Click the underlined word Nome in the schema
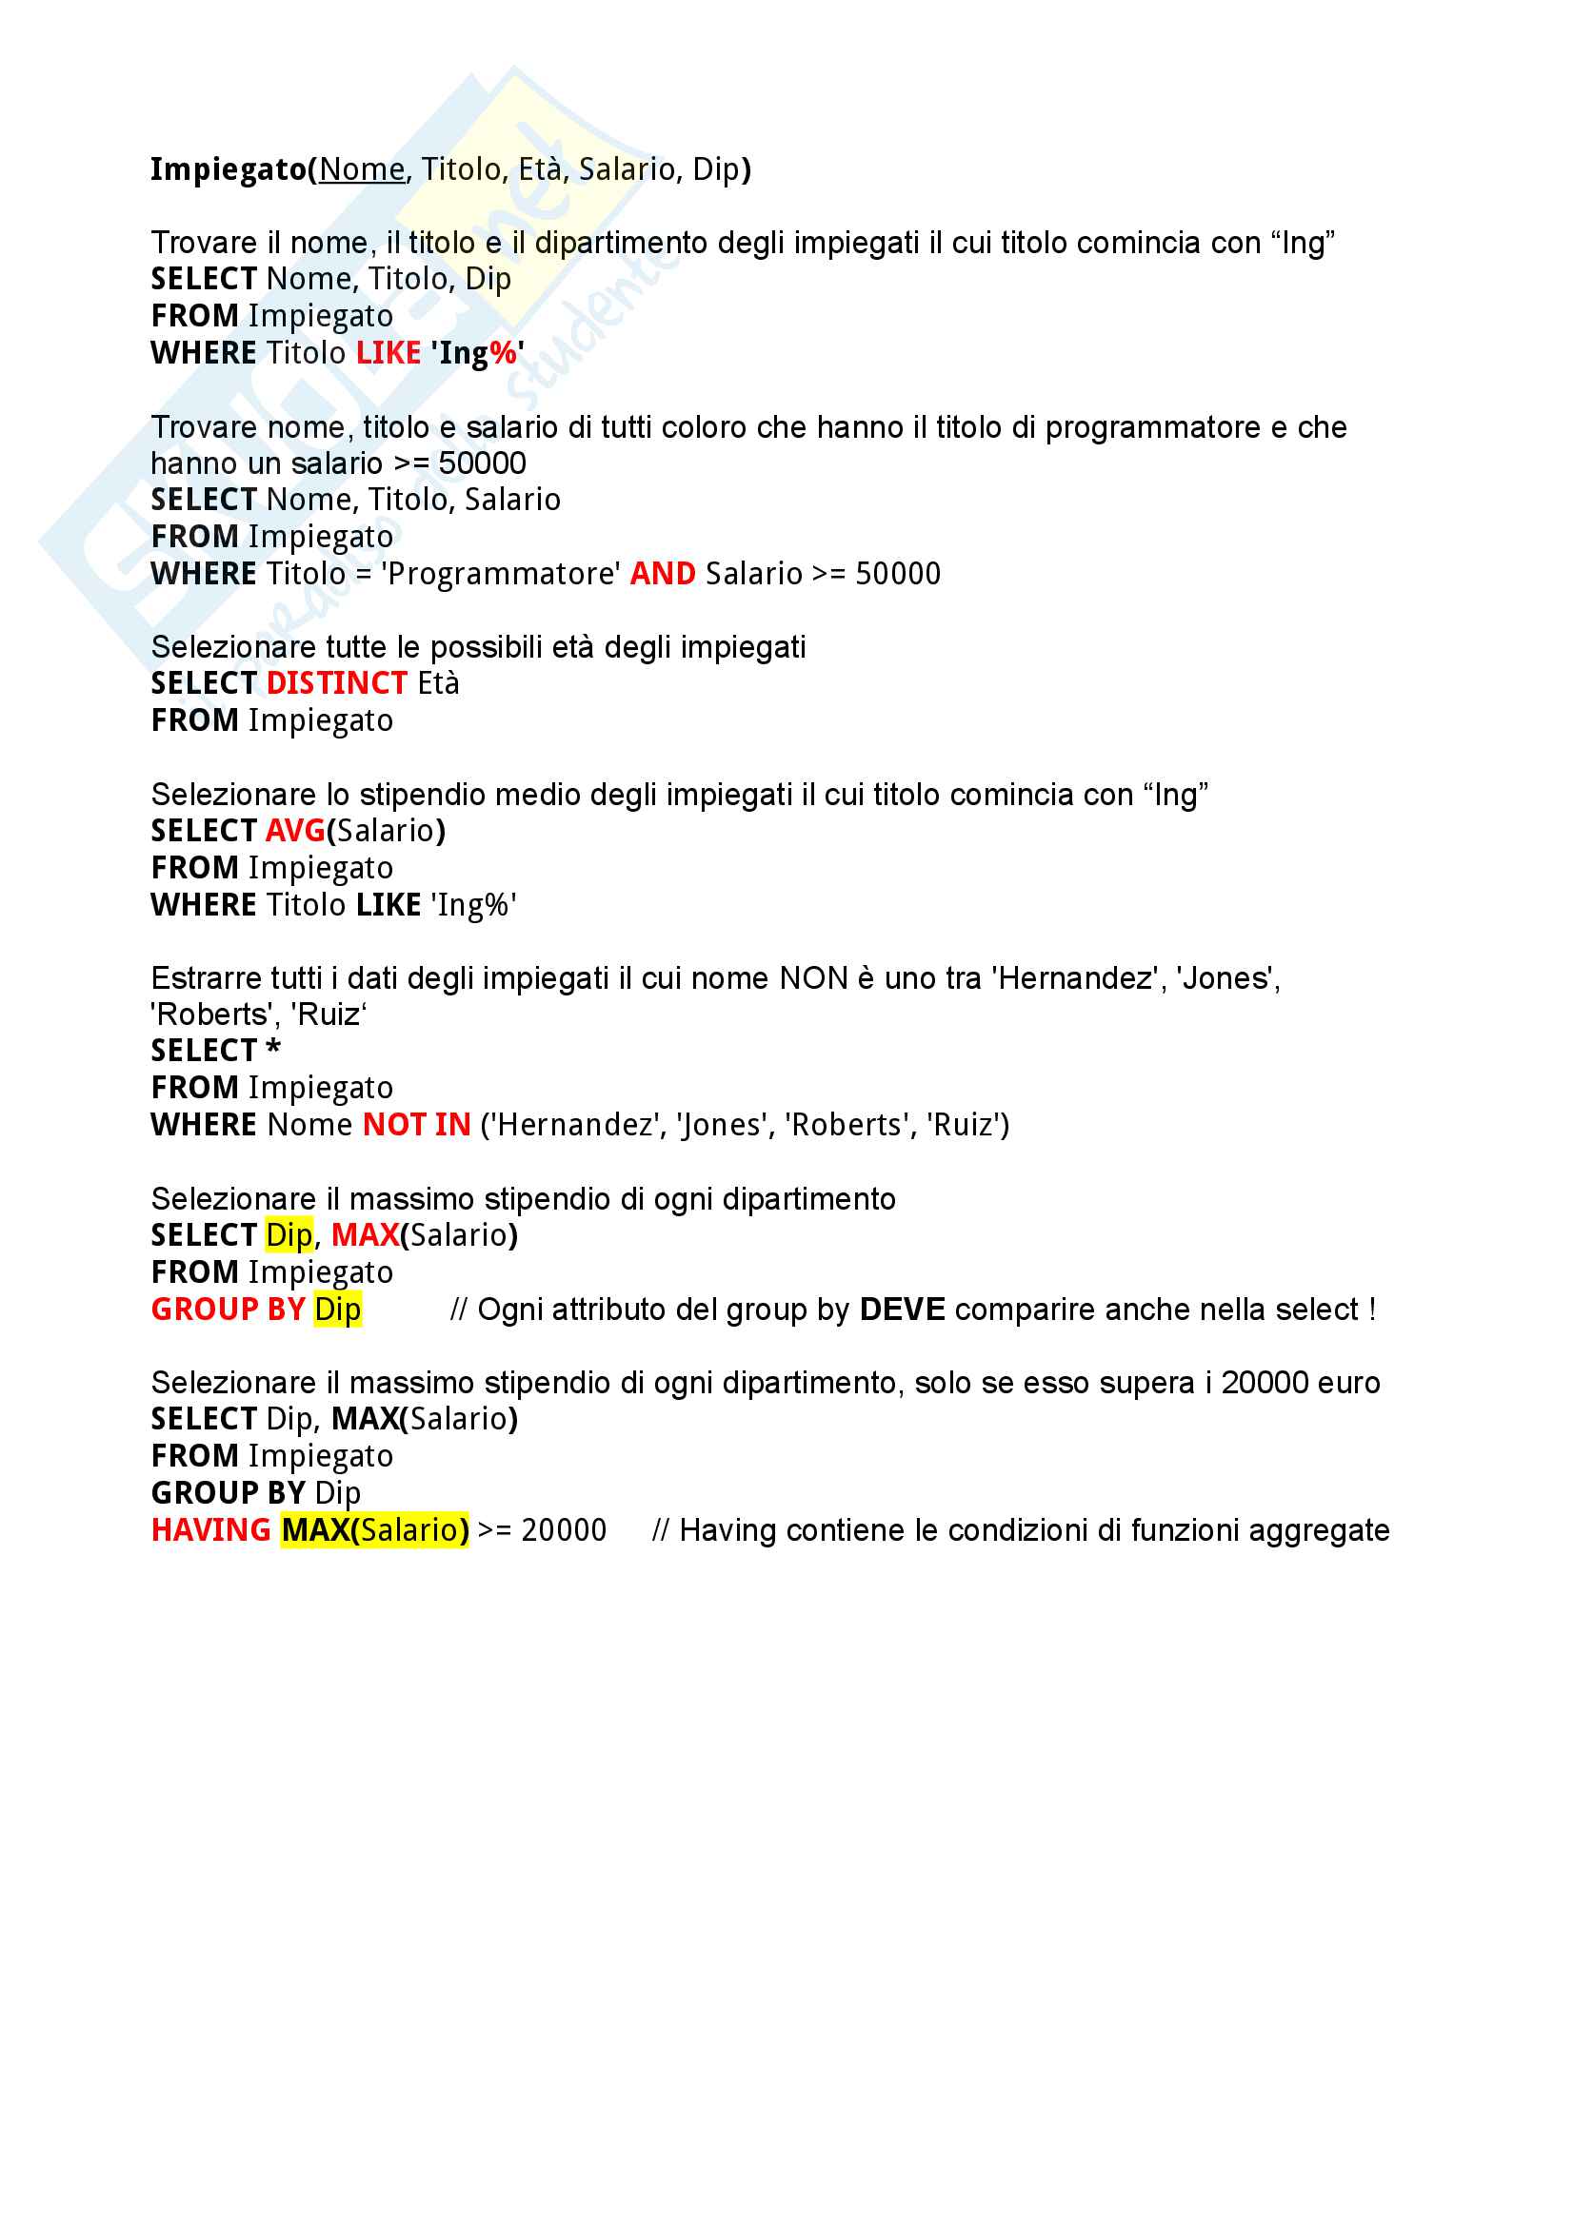(362, 169)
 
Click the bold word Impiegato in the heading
(229, 169)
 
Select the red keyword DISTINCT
(336, 683)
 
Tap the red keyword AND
(664, 574)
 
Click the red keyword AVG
(296, 831)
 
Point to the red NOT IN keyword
(417, 1125)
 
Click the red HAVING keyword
(210, 1530)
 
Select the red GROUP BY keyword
(228, 1310)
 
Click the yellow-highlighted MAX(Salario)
(375, 1530)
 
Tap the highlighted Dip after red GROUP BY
(337, 1310)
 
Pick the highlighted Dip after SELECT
(289, 1235)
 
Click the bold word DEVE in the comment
(902, 1310)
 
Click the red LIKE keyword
(388, 353)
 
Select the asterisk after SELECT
(273, 1049)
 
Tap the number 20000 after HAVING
(564, 1530)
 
